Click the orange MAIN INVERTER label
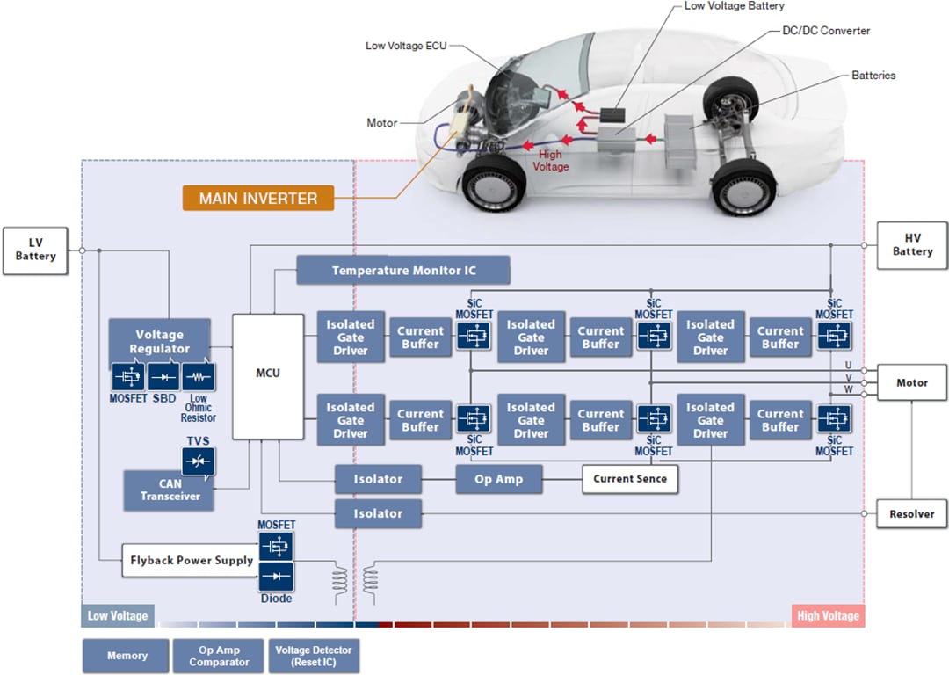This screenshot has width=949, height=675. click(257, 198)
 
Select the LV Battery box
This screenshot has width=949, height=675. click(35, 250)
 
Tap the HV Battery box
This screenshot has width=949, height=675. click(912, 245)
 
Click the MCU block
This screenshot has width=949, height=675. click(267, 374)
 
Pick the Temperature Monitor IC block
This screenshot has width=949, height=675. click(403, 271)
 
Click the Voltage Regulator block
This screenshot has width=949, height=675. click(159, 342)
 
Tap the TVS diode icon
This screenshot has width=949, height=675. click(198, 461)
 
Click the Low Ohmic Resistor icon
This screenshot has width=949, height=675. click(198, 377)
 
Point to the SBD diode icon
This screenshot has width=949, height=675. click(163, 377)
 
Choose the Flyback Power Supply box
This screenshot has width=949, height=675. click(191, 560)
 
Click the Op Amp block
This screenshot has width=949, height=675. click(498, 479)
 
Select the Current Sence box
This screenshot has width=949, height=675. click(629, 479)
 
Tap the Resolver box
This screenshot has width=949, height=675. click(911, 514)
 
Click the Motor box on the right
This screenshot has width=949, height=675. click(911, 383)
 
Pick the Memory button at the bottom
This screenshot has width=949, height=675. click(127, 656)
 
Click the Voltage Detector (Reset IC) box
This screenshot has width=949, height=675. click(314, 656)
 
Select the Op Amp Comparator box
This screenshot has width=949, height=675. click(219, 656)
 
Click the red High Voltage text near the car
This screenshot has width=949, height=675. click(552, 160)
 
